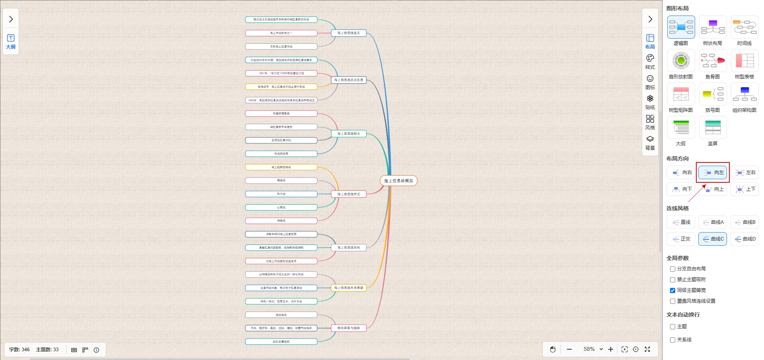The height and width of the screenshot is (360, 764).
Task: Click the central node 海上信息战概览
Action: pyautogui.click(x=399, y=181)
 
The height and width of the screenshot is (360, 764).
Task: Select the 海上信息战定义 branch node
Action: pyautogui.click(x=349, y=33)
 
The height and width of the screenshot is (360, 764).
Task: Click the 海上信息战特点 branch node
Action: pyautogui.click(x=349, y=134)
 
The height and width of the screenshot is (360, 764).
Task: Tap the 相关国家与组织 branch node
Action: pyautogui.click(x=349, y=328)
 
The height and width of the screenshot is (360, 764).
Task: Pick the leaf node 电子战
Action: pyautogui.click(x=281, y=194)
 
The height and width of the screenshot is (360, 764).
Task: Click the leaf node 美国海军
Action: pyautogui.click(x=281, y=315)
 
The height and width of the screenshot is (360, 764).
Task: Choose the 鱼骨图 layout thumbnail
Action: pyautogui.click(x=713, y=61)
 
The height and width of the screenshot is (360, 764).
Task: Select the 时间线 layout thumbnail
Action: pyautogui.click(x=744, y=27)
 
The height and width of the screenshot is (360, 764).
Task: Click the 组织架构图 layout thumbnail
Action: pyautogui.click(x=744, y=94)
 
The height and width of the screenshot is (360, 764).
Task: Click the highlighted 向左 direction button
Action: pyautogui.click(x=713, y=172)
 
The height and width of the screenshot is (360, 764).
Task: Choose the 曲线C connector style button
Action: pyautogui.click(x=713, y=239)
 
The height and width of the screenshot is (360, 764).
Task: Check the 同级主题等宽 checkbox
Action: pyautogui.click(x=672, y=290)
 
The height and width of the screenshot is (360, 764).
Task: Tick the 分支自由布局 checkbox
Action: pyautogui.click(x=672, y=269)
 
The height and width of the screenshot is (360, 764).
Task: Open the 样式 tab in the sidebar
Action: pyautogui.click(x=650, y=62)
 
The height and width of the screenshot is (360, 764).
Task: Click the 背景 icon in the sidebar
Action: pyautogui.click(x=650, y=143)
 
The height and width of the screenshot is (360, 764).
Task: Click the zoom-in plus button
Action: pyautogui.click(x=611, y=349)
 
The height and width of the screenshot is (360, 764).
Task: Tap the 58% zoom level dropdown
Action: pyautogui.click(x=593, y=349)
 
